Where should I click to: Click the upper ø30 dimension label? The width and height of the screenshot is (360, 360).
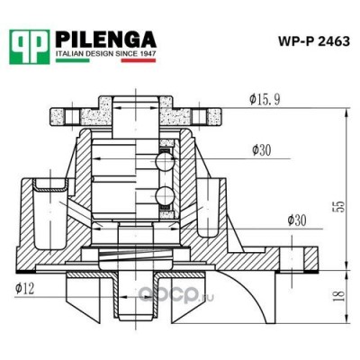pyautogui.click(x=264, y=149)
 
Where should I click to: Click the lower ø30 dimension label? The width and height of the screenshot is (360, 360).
pyautogui.click(x=298, y=220)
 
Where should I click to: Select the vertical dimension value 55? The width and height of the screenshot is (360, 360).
pyautogui.click(x=338, y=206)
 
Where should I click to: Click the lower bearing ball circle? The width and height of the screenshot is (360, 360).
pyautogui.click(x=163, y=196)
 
